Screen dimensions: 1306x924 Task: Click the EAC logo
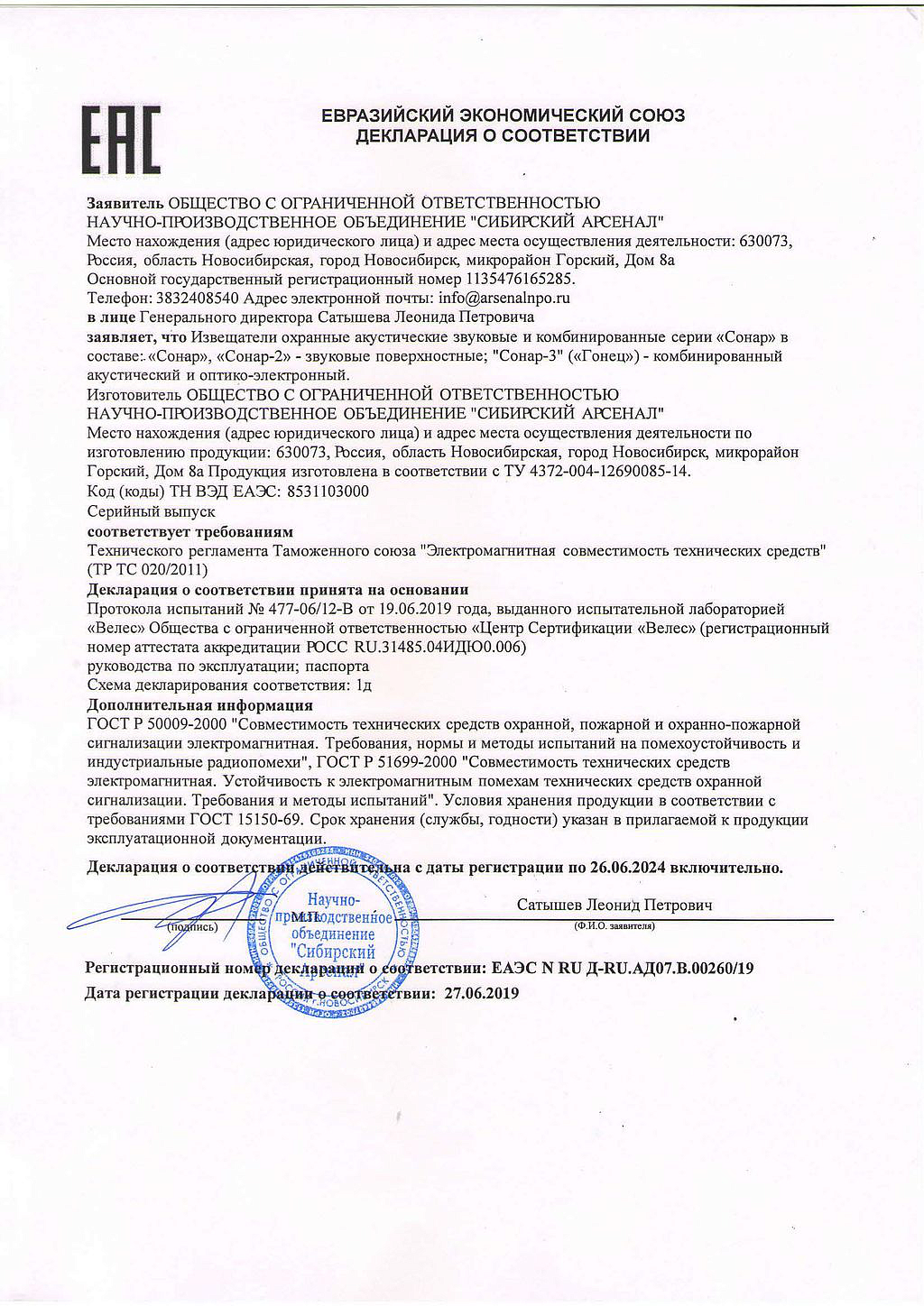coord(122,140)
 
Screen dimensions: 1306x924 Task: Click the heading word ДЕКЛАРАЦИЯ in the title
coord(411,137)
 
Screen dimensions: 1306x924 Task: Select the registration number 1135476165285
coord(520,279)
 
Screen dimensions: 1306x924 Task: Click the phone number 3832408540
coord(199,298)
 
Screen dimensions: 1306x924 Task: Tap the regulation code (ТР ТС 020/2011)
coord(147,569)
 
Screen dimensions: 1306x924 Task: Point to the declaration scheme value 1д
coord(365,685)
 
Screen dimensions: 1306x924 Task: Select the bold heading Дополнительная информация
coord(199,705)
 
